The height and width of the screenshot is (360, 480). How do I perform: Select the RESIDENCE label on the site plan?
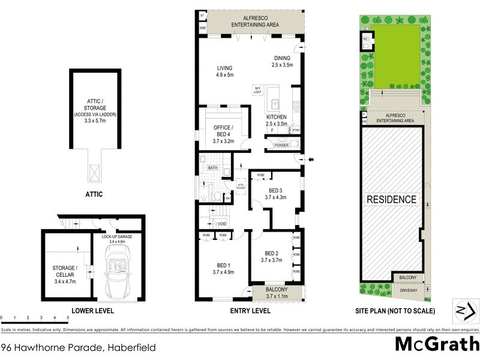point(391,199)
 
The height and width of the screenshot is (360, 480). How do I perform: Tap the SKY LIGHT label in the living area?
point(259,90)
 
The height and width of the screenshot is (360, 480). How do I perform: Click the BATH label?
point(212,169)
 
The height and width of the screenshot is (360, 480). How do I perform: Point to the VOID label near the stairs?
point(223,224)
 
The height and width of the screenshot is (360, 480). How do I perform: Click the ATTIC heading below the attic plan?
point(94,194)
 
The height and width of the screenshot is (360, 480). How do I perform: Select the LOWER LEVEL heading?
point(92,311)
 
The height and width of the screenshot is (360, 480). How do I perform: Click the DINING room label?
point(281,61)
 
